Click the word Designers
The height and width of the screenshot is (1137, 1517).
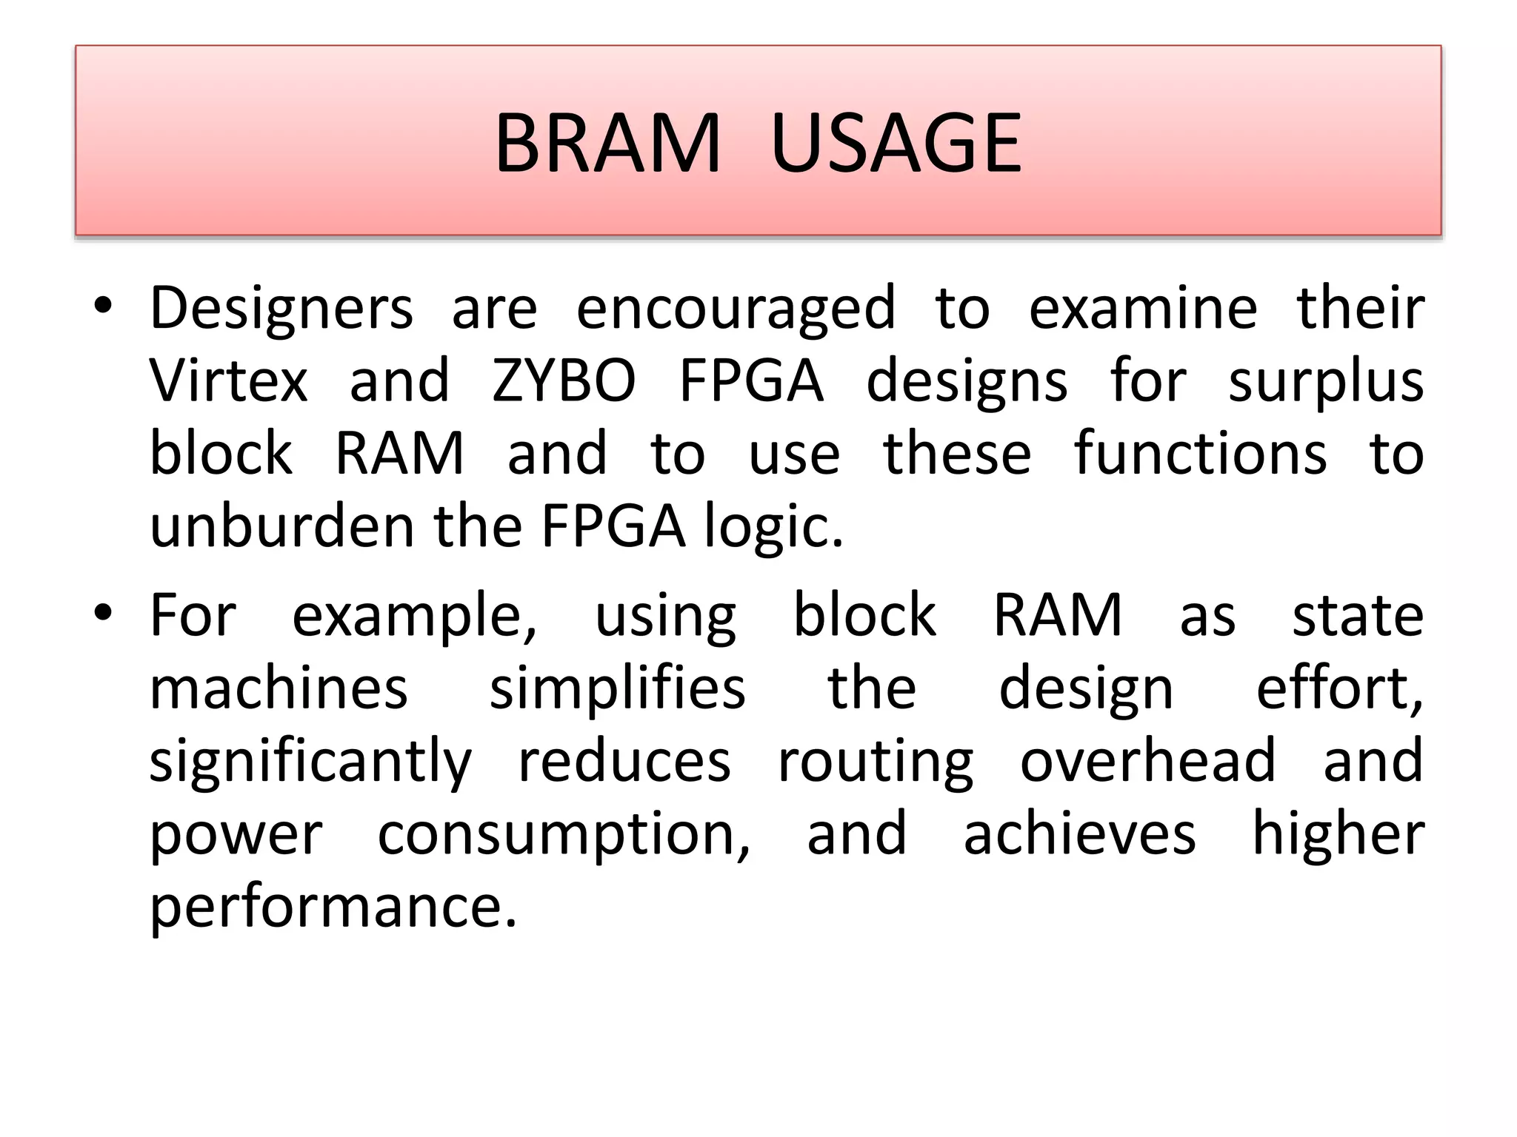[x=281, y=309]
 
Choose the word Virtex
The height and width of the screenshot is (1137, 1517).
[x=228, y=380]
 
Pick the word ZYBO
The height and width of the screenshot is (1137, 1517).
[x=564, y=380]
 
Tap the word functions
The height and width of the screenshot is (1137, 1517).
[x=1200, y=453]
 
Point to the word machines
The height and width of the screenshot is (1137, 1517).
[x=279, y=688]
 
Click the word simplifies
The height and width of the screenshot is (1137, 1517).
[x=617, y=688]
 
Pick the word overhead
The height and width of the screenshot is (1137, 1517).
[x=1148, y=760]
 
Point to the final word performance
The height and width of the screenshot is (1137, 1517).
[x=333, y=908]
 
